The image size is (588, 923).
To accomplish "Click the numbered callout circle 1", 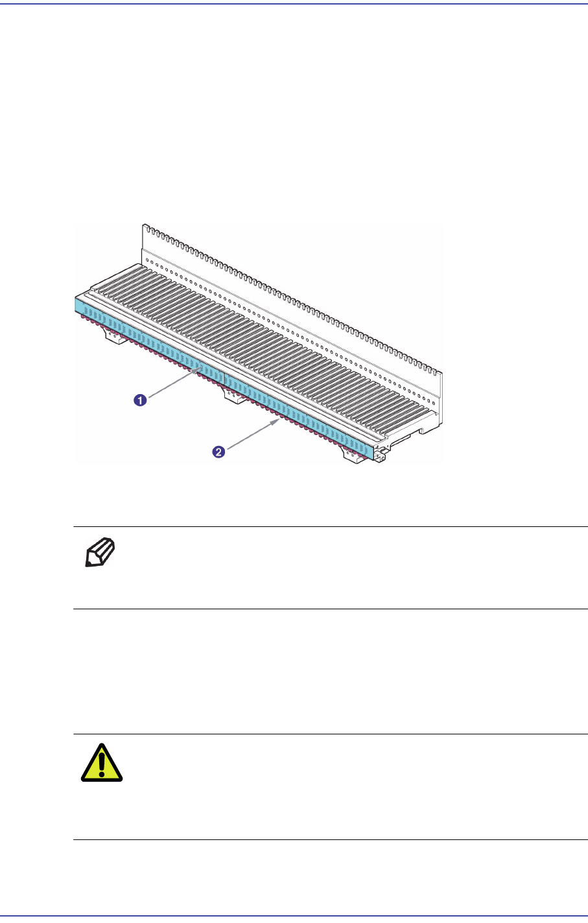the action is tap(139, 400).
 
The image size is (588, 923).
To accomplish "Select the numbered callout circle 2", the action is tap(219, 452).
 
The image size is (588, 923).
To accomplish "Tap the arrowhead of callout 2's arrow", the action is tap(279, 420).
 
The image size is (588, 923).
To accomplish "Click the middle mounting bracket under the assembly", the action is tap(232, 393).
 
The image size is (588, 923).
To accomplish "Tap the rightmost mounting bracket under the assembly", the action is tap(354, 456).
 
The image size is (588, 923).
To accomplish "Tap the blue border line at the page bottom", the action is tap(294, 916).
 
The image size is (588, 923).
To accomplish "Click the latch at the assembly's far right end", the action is tap(382, 452).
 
